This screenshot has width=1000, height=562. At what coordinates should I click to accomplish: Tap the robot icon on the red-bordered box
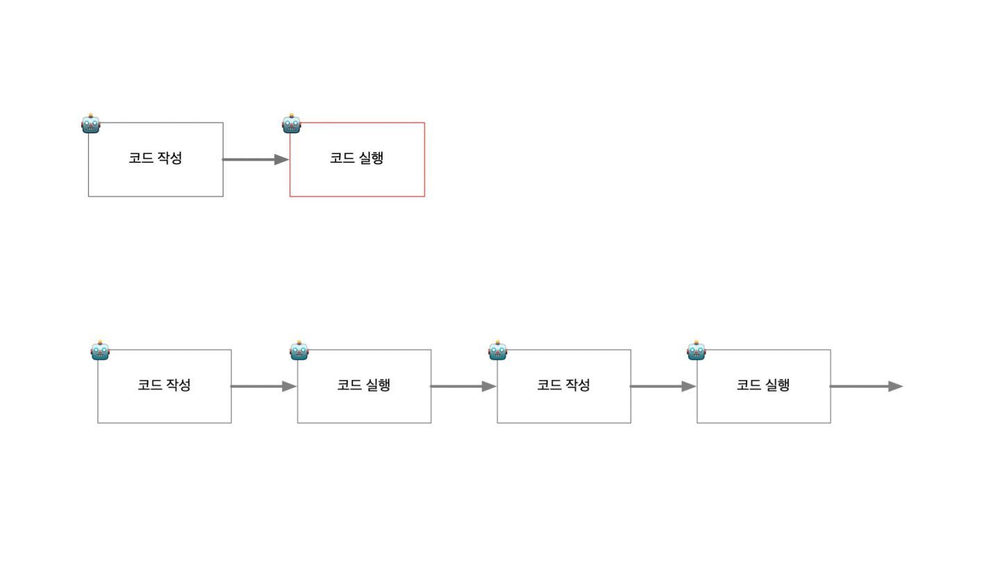pos(292,124)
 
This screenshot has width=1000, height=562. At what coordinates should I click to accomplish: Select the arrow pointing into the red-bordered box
pos(256,160)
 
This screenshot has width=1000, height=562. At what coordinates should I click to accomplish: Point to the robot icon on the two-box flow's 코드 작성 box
pos(91,124)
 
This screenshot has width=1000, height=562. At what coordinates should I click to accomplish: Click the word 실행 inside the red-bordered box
pos(372,158)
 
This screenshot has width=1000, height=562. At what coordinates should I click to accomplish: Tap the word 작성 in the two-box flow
pos(170,158)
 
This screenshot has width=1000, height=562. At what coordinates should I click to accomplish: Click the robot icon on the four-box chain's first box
pos(100,351)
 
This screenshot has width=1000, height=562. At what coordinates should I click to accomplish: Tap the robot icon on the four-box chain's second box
pos(299,351)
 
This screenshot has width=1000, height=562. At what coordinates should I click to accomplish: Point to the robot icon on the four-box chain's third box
pos(498,351)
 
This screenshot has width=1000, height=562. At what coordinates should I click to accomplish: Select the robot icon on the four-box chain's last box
pos(697,351)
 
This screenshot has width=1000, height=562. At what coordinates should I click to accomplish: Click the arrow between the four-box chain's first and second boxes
pos(264,386)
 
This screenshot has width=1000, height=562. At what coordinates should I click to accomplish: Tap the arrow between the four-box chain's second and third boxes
pos(464,386)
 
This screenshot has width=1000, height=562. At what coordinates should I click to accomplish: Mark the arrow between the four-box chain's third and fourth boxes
pos(663,386)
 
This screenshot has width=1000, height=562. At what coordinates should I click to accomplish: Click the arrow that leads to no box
pos(867,386)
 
